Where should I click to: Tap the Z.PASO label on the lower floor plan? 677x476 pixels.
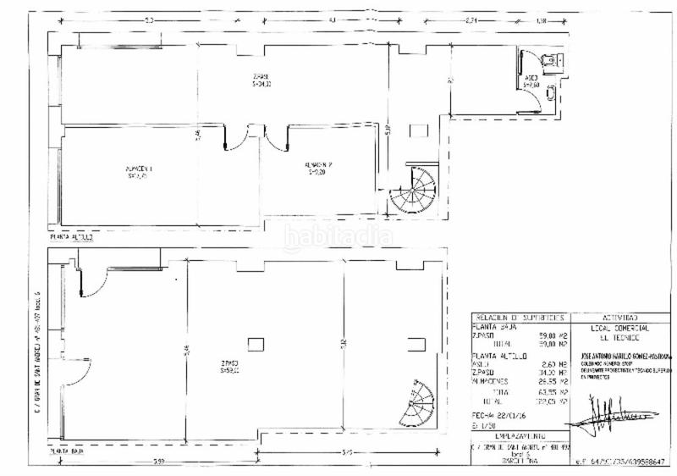pos(228,368)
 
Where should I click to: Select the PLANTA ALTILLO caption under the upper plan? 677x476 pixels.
pos(72,238)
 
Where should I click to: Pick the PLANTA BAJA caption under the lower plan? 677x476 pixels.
pos(67,452)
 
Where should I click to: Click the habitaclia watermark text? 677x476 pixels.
pos(338,236)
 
